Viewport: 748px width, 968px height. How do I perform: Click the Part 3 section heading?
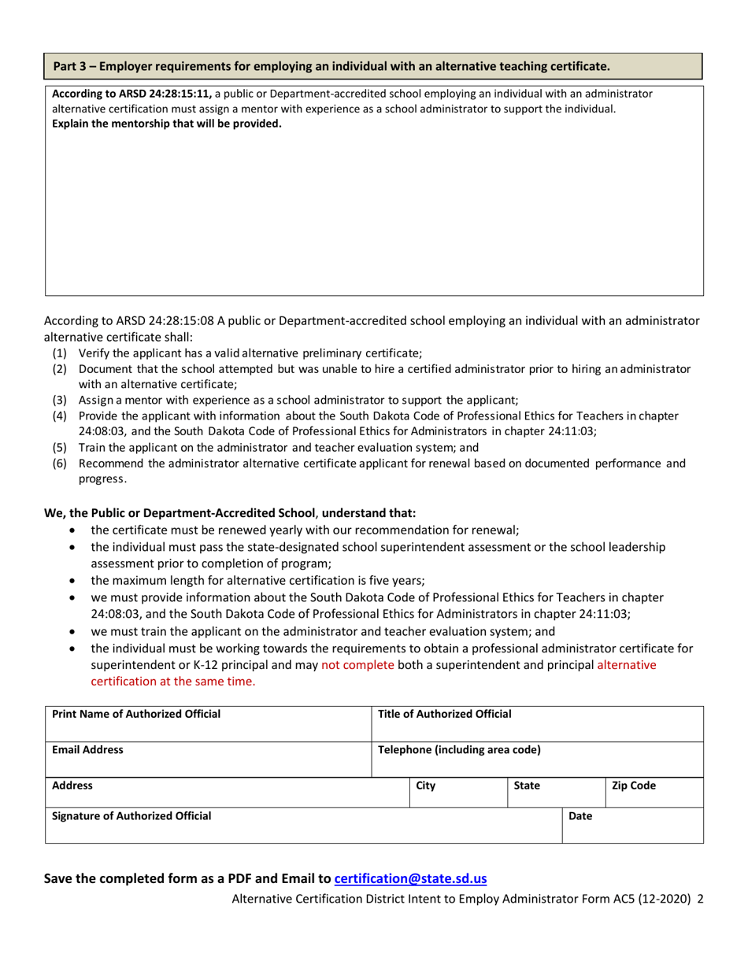(x=331, y=65)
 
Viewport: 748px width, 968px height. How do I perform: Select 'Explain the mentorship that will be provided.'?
(x=166, y=123)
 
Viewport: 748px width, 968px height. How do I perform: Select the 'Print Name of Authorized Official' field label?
(x=136, y=714)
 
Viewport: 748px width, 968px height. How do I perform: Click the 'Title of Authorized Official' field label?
(x=445, y=714)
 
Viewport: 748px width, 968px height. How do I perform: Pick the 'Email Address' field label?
(x=87, y=750)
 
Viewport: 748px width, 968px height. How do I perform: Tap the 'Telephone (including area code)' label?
(x=460, y=750)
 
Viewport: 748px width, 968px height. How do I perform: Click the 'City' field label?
(x=425, y=785)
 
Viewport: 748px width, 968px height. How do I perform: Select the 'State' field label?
(x=526, y=785)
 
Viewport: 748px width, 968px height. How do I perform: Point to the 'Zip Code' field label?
(x=634, y=785)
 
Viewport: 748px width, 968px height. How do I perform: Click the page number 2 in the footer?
(x=700, y=898)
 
